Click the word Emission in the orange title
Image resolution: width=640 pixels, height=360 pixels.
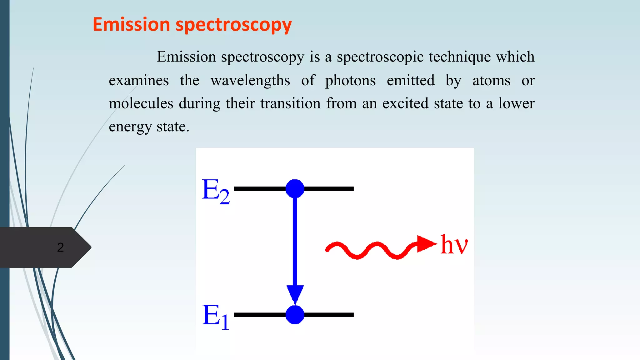pos(131,24)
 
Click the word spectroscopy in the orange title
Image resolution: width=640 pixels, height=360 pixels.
pos(233,25)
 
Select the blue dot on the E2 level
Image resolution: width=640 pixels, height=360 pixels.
pos(295,188)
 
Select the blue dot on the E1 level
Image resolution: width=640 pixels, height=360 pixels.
pos(295,315)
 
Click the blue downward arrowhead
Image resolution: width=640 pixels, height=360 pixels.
pos(295,294)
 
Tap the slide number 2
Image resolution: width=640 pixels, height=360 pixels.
pos(60,247)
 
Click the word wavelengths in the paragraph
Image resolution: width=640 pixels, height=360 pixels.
pos(250,81)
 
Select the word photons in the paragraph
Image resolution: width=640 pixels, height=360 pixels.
pos(350,81)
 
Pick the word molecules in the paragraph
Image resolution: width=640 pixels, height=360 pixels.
pos(141,103)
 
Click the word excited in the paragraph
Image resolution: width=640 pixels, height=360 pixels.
pos(405,103)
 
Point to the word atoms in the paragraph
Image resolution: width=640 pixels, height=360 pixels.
pos(491,81)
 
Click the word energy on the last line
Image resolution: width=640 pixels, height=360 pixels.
pos(130,127)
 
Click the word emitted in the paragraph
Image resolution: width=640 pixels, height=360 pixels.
pos(411,81)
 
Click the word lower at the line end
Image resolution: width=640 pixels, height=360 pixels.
pos(516,103)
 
